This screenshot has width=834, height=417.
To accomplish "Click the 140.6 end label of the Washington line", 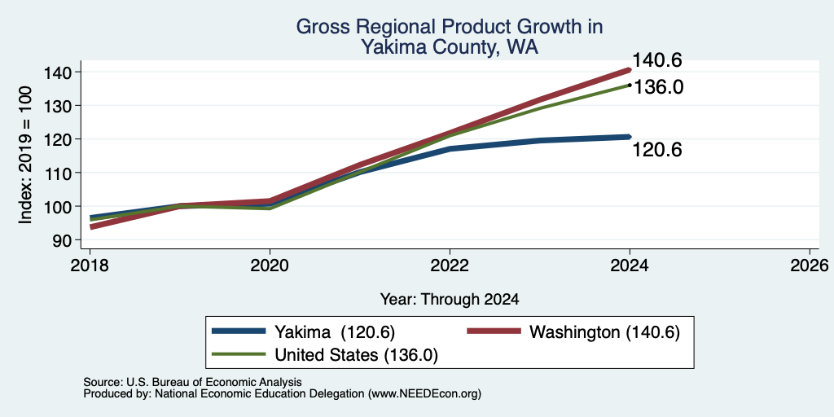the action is coord(657,60).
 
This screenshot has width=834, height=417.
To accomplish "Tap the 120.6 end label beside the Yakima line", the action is coord(657,151).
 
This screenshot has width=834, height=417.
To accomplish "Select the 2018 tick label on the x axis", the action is coord(90,265).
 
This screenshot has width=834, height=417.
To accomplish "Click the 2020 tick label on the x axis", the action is coord(270,265).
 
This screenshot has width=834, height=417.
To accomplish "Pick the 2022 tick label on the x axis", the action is coord(450,265).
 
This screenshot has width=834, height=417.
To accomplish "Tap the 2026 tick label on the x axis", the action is coord(810,265).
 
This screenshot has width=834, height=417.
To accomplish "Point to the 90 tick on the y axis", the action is coord(70,240).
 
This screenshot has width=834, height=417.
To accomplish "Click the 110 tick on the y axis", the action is coord(66,173).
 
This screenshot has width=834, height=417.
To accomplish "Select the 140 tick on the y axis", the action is coord(66,72).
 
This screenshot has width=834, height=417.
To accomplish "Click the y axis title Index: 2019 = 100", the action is coord(25,156).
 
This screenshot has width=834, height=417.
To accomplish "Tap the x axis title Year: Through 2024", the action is coord(450,300).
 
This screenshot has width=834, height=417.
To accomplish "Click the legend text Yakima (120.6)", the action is coord(335,332).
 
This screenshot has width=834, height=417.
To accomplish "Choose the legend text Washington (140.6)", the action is coord(605,332).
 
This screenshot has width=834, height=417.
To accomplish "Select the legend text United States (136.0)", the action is coord(357,355).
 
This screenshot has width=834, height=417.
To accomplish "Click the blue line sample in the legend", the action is coord(239,331).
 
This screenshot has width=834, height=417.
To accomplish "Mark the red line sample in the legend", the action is coord(494,331).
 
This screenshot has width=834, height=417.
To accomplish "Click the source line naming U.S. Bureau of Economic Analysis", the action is coord(192,382).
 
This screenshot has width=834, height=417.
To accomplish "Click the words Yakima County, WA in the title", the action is coord(450,47).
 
